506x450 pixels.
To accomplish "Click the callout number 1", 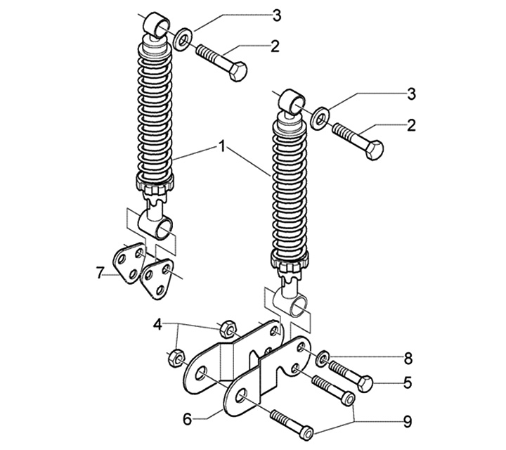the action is coord(222,147).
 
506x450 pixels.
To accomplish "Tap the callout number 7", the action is coord(100,273).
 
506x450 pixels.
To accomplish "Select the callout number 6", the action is coord(188,420).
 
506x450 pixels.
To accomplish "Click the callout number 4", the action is coord(157,324).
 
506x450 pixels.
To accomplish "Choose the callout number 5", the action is coord(408,382).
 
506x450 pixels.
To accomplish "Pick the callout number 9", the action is coord(408,422).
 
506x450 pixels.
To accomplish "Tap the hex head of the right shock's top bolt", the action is coord(375,150).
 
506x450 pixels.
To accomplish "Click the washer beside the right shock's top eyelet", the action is coord(320,118).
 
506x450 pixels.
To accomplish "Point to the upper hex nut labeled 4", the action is coord(228,329).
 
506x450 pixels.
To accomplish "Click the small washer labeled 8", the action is coord(323,359).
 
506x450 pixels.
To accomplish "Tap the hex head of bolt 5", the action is coord(365,384).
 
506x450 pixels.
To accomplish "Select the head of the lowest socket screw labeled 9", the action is coord(306,432).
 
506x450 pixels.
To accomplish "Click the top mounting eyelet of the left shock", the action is coord(157,25).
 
